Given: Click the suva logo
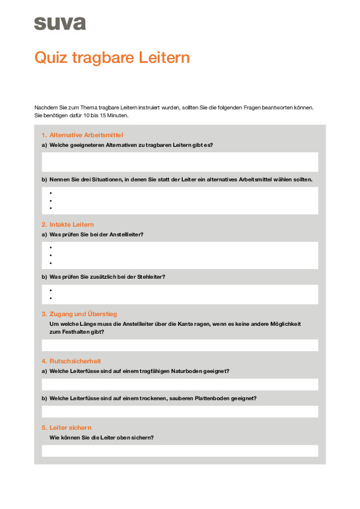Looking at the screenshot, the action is (x=60, y=24).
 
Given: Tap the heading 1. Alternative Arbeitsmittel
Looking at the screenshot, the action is (x=82, y=135).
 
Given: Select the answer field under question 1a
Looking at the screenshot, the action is (x=180, y=161).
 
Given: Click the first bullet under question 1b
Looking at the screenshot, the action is (x=51, y=193).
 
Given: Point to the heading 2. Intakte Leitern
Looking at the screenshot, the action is (x=68, y=224).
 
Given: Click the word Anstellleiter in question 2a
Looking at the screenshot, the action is (x=125, y=234).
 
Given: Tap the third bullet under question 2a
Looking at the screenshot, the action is (x=51, y=263).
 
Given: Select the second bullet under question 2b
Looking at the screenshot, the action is (x=51, y=298).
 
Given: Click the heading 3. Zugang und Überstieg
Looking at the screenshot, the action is (x=79, y=314).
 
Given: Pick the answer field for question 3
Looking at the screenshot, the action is (x=180, y=345).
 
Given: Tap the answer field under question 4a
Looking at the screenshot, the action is (x=180, y=384).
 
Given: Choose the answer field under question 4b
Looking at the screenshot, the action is (x=180, y=412).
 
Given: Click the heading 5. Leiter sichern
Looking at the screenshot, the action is (x=67, y=427).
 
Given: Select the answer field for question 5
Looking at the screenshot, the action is (x=180, y=451).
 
